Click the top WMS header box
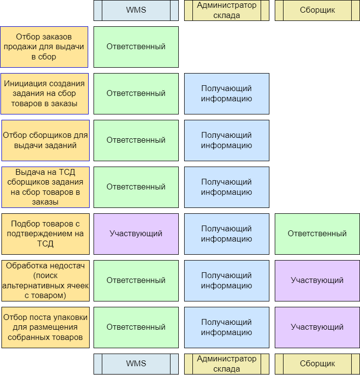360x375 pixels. click(136, 10)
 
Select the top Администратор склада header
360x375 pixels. click(227, 10)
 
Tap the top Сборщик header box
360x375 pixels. click(317, 10)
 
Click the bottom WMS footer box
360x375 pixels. click(136, 364)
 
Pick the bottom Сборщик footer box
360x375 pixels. click(317, 364)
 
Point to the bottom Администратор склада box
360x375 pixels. click(227, 364)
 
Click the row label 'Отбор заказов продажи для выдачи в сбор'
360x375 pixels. click(44, 47)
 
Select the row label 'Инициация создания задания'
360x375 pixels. click(44, 94)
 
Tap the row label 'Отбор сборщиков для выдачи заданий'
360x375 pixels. click(44, 140)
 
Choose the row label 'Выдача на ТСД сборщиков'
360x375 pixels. click(44, 187)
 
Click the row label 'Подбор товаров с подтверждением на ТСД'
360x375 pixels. click(44, 234)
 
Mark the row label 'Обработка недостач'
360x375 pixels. click(44, 281)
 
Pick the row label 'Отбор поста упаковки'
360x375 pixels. click(44, 327)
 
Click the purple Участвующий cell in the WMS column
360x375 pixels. click(136, 234)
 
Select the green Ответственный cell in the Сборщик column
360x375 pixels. click(317, 234)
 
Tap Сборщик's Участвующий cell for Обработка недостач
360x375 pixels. click(317, 281)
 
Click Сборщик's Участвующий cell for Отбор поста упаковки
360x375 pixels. click(317, 327)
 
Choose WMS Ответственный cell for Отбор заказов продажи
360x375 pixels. click(136, 47)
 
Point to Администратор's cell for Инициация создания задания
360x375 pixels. click(227, 94)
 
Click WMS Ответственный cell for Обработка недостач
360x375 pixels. click(136, 281)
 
